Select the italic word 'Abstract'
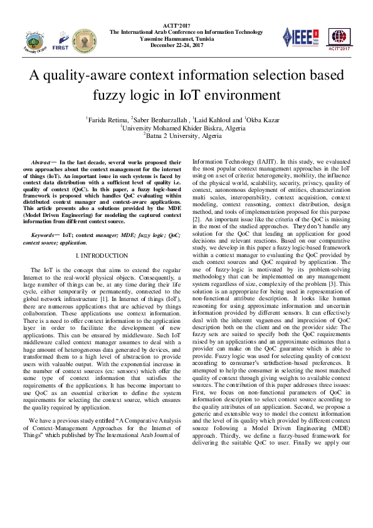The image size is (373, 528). point(41,162)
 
